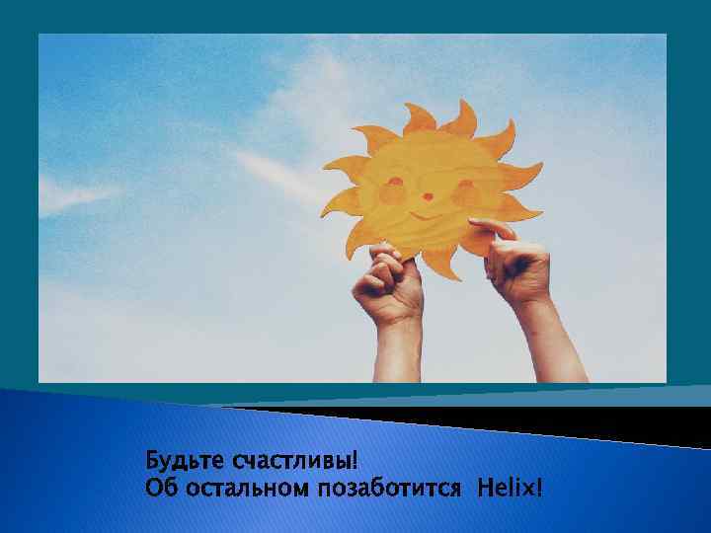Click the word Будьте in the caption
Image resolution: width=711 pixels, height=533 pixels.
point(185,461)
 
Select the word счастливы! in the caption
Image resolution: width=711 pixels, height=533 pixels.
point(293,461)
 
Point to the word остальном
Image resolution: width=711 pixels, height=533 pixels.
point(236,488)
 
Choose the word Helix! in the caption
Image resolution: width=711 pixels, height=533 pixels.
point(511,488)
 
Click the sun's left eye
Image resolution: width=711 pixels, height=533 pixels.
point(397,182)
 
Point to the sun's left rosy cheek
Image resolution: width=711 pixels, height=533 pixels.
point(392,194)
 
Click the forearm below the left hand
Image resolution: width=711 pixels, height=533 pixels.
point(397,350)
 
